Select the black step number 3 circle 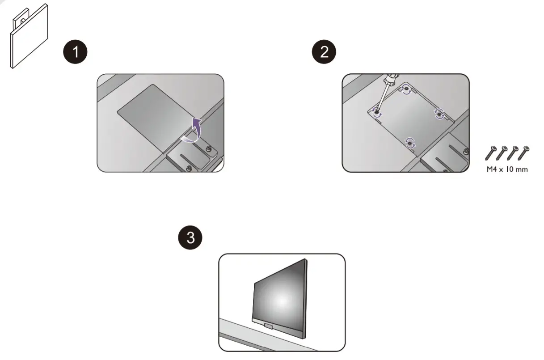pyautogui.click(x=190, y=237)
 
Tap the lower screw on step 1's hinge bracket pyautogui.click(x=189, y=168)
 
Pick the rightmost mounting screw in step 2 pyautogui.click(x=439, y=114)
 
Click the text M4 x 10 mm pyautogui.click(x=507, y=170)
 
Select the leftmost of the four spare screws pyautogui.click(x=491, y=153)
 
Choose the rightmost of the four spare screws pyautogui.click(x=523, y=153)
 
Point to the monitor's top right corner pyautogui.click(x=306, y=260)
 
